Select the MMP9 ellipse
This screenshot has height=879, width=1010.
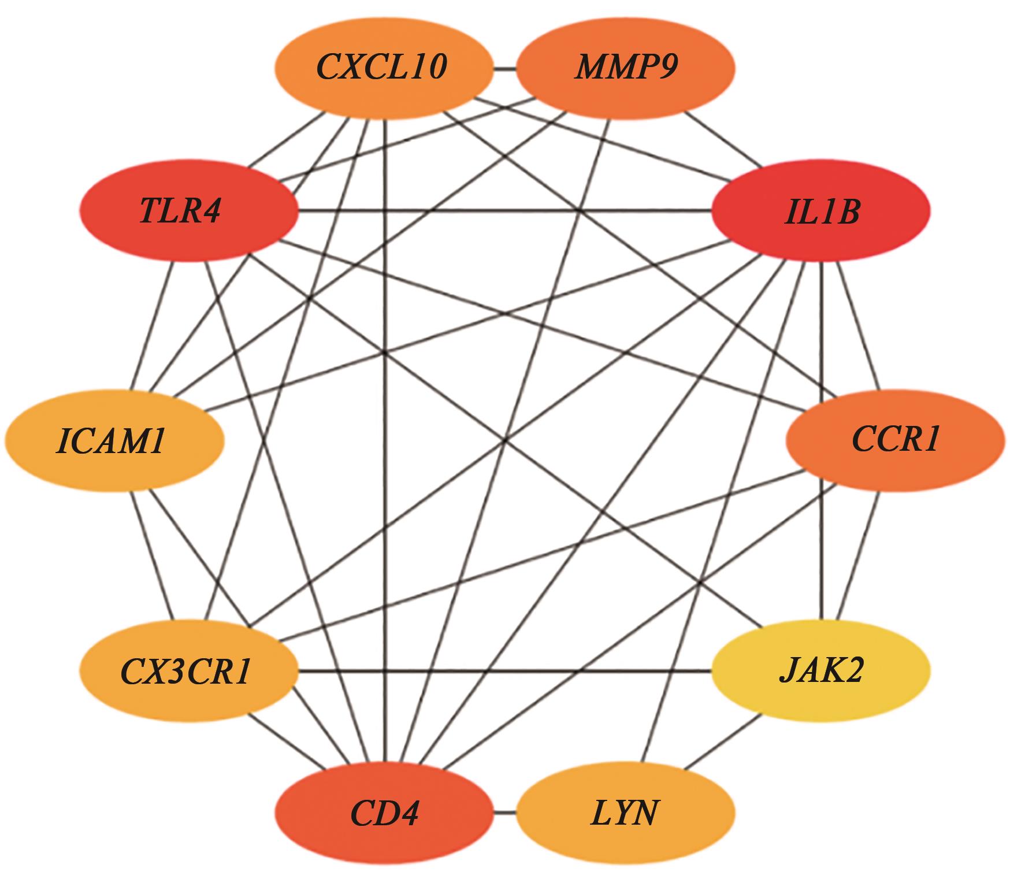[625, 68]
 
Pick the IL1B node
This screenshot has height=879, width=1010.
[820, 211]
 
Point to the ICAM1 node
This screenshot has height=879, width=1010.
[114, 440]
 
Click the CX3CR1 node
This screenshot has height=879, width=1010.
[188, 670]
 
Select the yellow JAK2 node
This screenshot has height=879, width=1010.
[820, 670]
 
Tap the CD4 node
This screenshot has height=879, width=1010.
[384, 813]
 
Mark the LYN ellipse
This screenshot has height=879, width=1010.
[625, 813]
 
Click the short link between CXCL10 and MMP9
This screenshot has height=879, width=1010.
[504, 70]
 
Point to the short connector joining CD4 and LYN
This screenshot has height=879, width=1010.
[504, 813]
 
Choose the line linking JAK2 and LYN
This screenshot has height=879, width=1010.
[722, 741]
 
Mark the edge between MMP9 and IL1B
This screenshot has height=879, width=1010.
[722, 139]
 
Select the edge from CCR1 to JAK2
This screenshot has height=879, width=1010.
[857, 556]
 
